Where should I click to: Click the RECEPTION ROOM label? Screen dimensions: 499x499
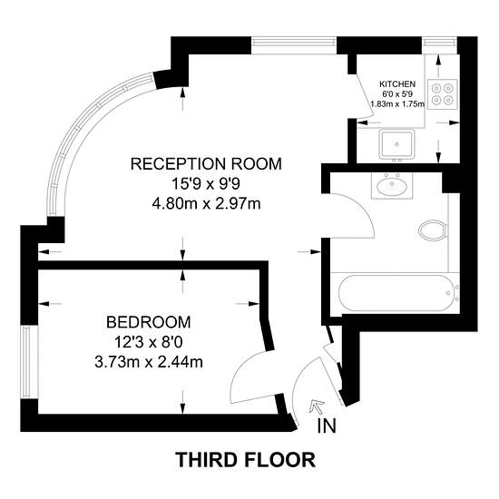pos(206,164)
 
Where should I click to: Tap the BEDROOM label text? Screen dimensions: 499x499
pos(149,322)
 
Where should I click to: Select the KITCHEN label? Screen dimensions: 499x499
pos(397,84)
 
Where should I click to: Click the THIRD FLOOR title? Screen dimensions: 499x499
pos(245,460)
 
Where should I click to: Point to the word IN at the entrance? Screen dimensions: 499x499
pos(327,426)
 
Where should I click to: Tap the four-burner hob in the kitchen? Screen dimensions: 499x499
pos(443,94)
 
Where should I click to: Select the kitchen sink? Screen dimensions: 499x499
pos(396,144)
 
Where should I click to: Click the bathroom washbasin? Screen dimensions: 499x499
pos(392,184)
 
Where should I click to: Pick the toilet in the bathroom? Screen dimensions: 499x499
pos(433,230)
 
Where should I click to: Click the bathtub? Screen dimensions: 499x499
pos(397,293)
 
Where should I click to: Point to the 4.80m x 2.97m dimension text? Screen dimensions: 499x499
pos(206,203)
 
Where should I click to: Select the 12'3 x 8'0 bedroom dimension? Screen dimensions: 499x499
pos(149,342)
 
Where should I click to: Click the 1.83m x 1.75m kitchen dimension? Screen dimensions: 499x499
pos(397,104)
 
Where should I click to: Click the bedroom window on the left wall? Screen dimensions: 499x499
pos(29,362)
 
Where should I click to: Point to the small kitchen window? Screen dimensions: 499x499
pos(439,43)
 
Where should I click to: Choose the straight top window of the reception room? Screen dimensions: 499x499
pos(294,45)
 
